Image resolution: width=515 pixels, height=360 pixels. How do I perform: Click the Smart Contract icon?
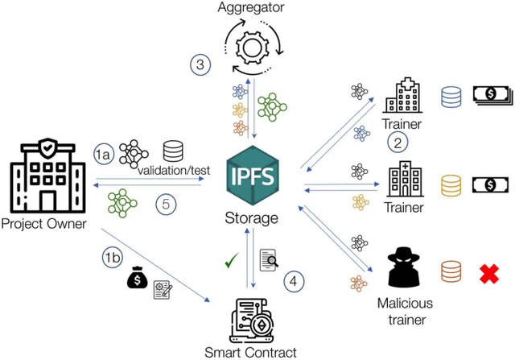tap(254, 317)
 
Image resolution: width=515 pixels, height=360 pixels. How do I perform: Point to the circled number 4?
tap(294, 280)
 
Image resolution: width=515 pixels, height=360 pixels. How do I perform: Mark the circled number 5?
tap(165, 205)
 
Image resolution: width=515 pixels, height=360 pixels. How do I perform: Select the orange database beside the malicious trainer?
tap(449, 271)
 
